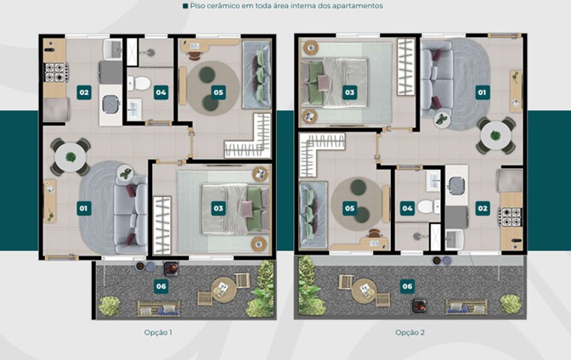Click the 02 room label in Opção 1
(84, 93)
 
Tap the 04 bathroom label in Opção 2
(407, 209)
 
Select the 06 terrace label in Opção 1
(161, 286)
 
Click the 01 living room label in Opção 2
(482, 93)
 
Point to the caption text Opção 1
(158, 332)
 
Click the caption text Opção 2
(410, 332)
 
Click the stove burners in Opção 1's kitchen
(56, 72)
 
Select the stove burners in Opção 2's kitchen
(510, 217)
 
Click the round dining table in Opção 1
(71, 158)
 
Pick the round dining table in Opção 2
(495, 136)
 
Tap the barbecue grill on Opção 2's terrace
(420, 306)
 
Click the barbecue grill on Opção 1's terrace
(171, 268)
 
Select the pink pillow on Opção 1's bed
(246, 209)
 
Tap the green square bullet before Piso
(185, 6)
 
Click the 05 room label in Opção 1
(218, 93)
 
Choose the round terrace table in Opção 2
(365, 290)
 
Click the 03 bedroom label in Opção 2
(349, 93)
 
